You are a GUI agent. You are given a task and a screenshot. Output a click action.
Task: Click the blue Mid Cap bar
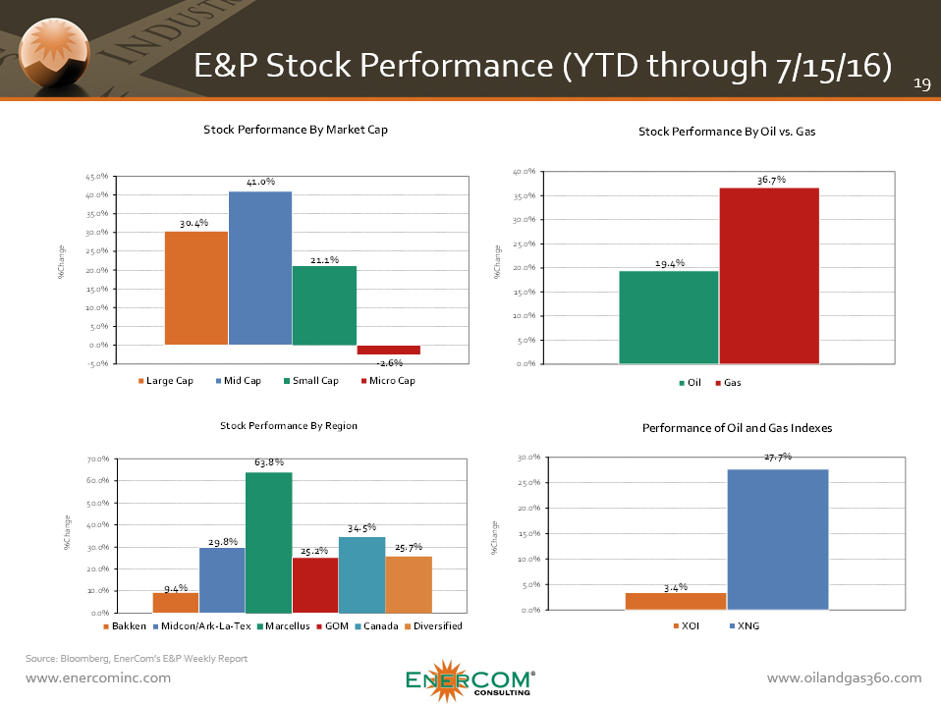[260, 267]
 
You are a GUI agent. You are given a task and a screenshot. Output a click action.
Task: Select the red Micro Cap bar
[388, 350]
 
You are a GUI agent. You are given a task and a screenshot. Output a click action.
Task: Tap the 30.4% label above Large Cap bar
[194, 224]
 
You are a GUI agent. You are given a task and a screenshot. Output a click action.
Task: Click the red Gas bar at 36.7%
[770, 275]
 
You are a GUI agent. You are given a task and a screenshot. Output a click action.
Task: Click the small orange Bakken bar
[175, 603]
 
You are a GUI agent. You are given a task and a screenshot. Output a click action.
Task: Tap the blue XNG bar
[777, 539]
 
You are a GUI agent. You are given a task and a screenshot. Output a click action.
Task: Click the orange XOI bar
[675, 601]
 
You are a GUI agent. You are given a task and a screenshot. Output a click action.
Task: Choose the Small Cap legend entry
[310, 381]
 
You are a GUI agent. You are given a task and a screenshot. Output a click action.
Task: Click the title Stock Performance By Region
[289, 426]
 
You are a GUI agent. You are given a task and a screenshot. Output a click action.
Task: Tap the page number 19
[921, 84]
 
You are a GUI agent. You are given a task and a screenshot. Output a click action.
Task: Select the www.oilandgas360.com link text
[844, 678]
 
